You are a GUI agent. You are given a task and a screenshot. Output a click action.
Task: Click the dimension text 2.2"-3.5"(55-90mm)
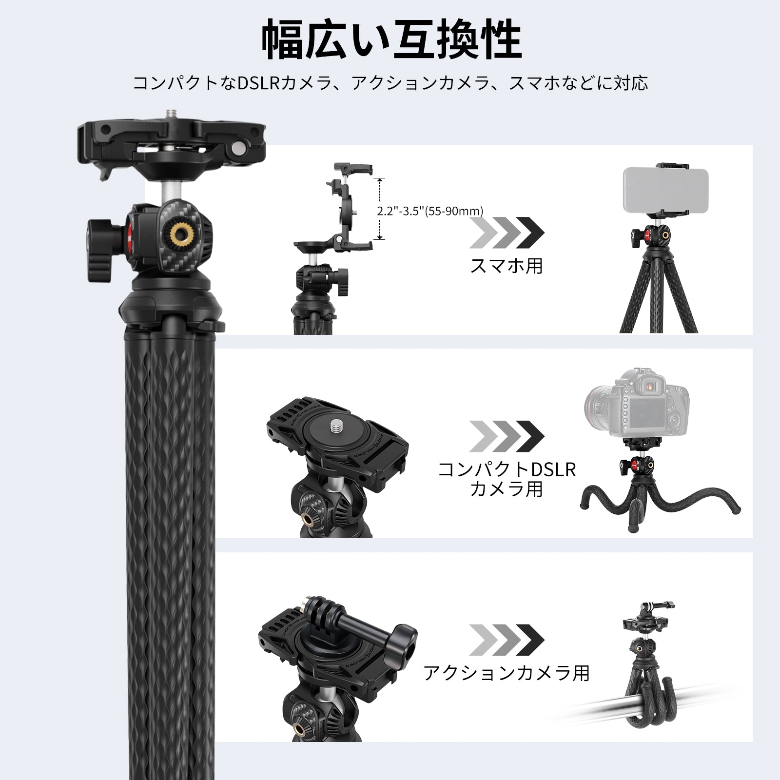coord(429,211)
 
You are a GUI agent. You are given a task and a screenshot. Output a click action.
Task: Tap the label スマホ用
coord(506,266)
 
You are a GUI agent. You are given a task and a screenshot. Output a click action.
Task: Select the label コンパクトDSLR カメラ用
coord(507,479)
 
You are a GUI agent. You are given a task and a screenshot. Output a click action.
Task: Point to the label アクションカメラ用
coord(507,673)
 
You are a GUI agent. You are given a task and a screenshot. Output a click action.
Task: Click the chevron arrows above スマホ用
coord(507,232)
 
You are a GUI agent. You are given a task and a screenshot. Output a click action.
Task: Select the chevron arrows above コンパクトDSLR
coord(507,436)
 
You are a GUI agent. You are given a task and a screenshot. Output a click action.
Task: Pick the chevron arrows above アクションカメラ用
coord(507,640)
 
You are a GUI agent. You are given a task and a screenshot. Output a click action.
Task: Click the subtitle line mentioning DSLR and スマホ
coord(390,83)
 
